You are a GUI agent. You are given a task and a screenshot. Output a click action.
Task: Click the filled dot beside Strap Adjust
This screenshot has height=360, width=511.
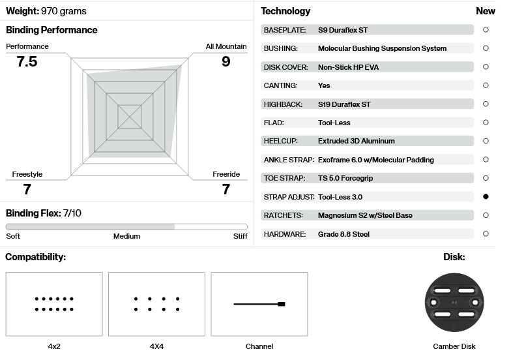tap(486, 196)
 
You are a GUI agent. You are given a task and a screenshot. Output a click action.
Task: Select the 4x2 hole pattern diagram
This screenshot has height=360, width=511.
tap(54, 304)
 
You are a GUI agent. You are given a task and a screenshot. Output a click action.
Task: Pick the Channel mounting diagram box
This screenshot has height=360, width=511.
tap(259, 304)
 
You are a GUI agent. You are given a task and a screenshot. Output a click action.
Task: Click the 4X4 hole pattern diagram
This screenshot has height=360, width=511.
tap(156, 304)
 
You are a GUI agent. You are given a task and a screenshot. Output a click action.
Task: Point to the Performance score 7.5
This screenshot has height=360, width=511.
tap(27, 61)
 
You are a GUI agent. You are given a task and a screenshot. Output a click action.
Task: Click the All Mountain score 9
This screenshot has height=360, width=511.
tap(226, 61)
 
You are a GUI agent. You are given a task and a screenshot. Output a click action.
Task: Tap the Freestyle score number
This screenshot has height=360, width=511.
tap(27, 189)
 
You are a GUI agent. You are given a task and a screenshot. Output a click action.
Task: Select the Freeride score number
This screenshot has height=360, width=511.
tap(226, 189)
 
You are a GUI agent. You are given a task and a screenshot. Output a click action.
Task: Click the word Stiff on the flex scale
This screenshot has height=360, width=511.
tap(240, 236)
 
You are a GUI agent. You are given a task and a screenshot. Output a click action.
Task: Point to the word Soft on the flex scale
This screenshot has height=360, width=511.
tap(13, 236)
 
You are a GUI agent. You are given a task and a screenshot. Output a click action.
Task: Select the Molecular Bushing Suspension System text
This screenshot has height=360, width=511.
tap(382, 48)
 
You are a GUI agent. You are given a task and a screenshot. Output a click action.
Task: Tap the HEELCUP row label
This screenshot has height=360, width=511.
tap(281, 141)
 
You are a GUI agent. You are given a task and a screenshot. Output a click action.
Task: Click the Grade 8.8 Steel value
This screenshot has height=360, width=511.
tap(343, 234)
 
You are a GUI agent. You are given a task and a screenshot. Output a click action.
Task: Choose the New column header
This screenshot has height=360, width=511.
tap(486, 11)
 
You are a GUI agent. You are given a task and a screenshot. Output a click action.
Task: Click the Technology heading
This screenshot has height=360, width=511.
tap(285, 11)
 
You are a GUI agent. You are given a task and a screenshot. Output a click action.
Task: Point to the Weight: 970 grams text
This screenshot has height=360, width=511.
tap(46, 11)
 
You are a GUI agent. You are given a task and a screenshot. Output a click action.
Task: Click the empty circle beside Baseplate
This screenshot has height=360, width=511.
tap(486, 30)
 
